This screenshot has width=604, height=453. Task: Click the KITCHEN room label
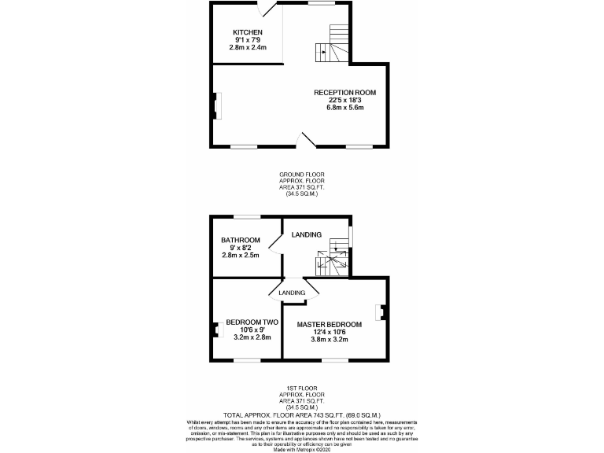pyautogui.click(x=247, y=32)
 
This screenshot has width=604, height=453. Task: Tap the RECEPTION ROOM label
pyautogui.click(x=344, y=93)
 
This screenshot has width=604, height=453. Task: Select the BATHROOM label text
pyautogui.click(x=240, y=240)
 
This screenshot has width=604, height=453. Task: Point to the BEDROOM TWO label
pyautogui.click(x=252, y=322)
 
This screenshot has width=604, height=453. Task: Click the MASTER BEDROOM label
pyautogui.click(x=329, y=324)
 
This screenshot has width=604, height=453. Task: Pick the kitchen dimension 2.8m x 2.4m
pyautogui.click(x=248, y=47)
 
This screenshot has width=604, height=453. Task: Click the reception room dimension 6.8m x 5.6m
pyautogui.click(x=344, y=108)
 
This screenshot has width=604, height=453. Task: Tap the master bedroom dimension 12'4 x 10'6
pyautogui.click(x=329, y=332)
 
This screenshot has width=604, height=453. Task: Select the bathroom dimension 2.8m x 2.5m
pyautogui.click(x=240, y=255)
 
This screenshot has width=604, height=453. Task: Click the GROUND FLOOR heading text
pyautogui.click(x=302, y=174)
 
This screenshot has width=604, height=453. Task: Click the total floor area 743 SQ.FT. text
pyautogui.click(x=302, y=414)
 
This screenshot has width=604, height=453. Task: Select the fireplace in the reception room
pyautogui.click(x=215, y=106)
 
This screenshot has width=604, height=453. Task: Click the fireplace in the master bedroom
pyautogui.click(x=381, y=312)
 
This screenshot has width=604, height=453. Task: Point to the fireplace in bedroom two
pyautogui.click(x=215, y=330)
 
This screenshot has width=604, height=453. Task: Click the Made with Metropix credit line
pyautogui.click(x=302, y=449)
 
